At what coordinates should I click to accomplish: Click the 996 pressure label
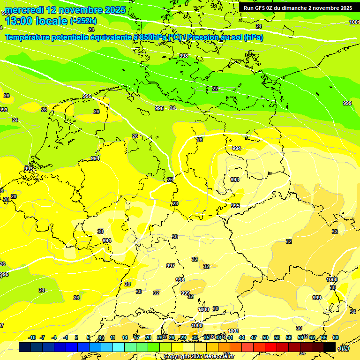[159, 108]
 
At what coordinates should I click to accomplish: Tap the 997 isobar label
[171, 266]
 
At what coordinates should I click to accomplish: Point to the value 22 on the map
[215, 89]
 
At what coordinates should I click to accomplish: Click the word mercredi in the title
[25, 10]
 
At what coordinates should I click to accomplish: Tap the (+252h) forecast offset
[83, 21]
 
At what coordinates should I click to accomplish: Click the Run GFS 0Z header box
[298, 8]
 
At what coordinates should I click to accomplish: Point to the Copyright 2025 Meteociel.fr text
[199, 356]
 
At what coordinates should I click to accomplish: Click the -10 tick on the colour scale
[32, 337]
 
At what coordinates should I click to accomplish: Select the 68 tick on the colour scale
[336, 337]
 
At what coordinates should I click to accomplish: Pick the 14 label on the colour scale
[125, 337]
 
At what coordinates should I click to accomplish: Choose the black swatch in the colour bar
[330, 347]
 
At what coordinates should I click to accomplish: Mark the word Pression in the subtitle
[206, 37]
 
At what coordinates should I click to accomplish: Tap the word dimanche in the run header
[295, 8]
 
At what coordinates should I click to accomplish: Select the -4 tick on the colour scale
[54, 337]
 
